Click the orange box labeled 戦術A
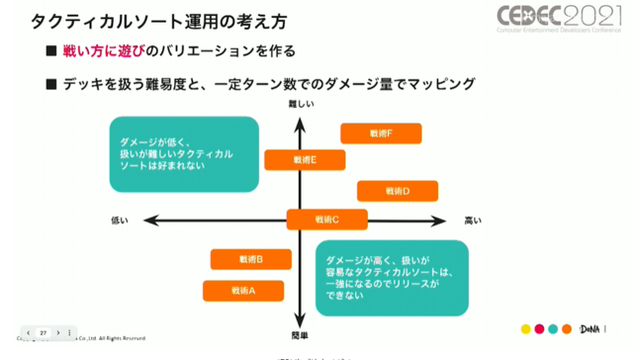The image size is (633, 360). (x=243, y=291)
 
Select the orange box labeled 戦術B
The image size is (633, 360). (x=251, y=259)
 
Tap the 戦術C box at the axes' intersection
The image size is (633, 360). (x=327, y=220)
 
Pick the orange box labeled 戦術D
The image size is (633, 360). (x=398, y=191)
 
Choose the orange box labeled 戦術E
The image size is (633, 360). (x=305, y=159)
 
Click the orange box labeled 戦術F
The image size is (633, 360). (x=381, y=134)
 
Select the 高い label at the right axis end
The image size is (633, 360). (x=473, y=220)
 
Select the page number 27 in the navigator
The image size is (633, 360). (x=44, y=333)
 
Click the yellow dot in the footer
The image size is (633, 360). (x=525, y=329)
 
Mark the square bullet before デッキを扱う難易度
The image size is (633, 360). (x=51, y=85)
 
